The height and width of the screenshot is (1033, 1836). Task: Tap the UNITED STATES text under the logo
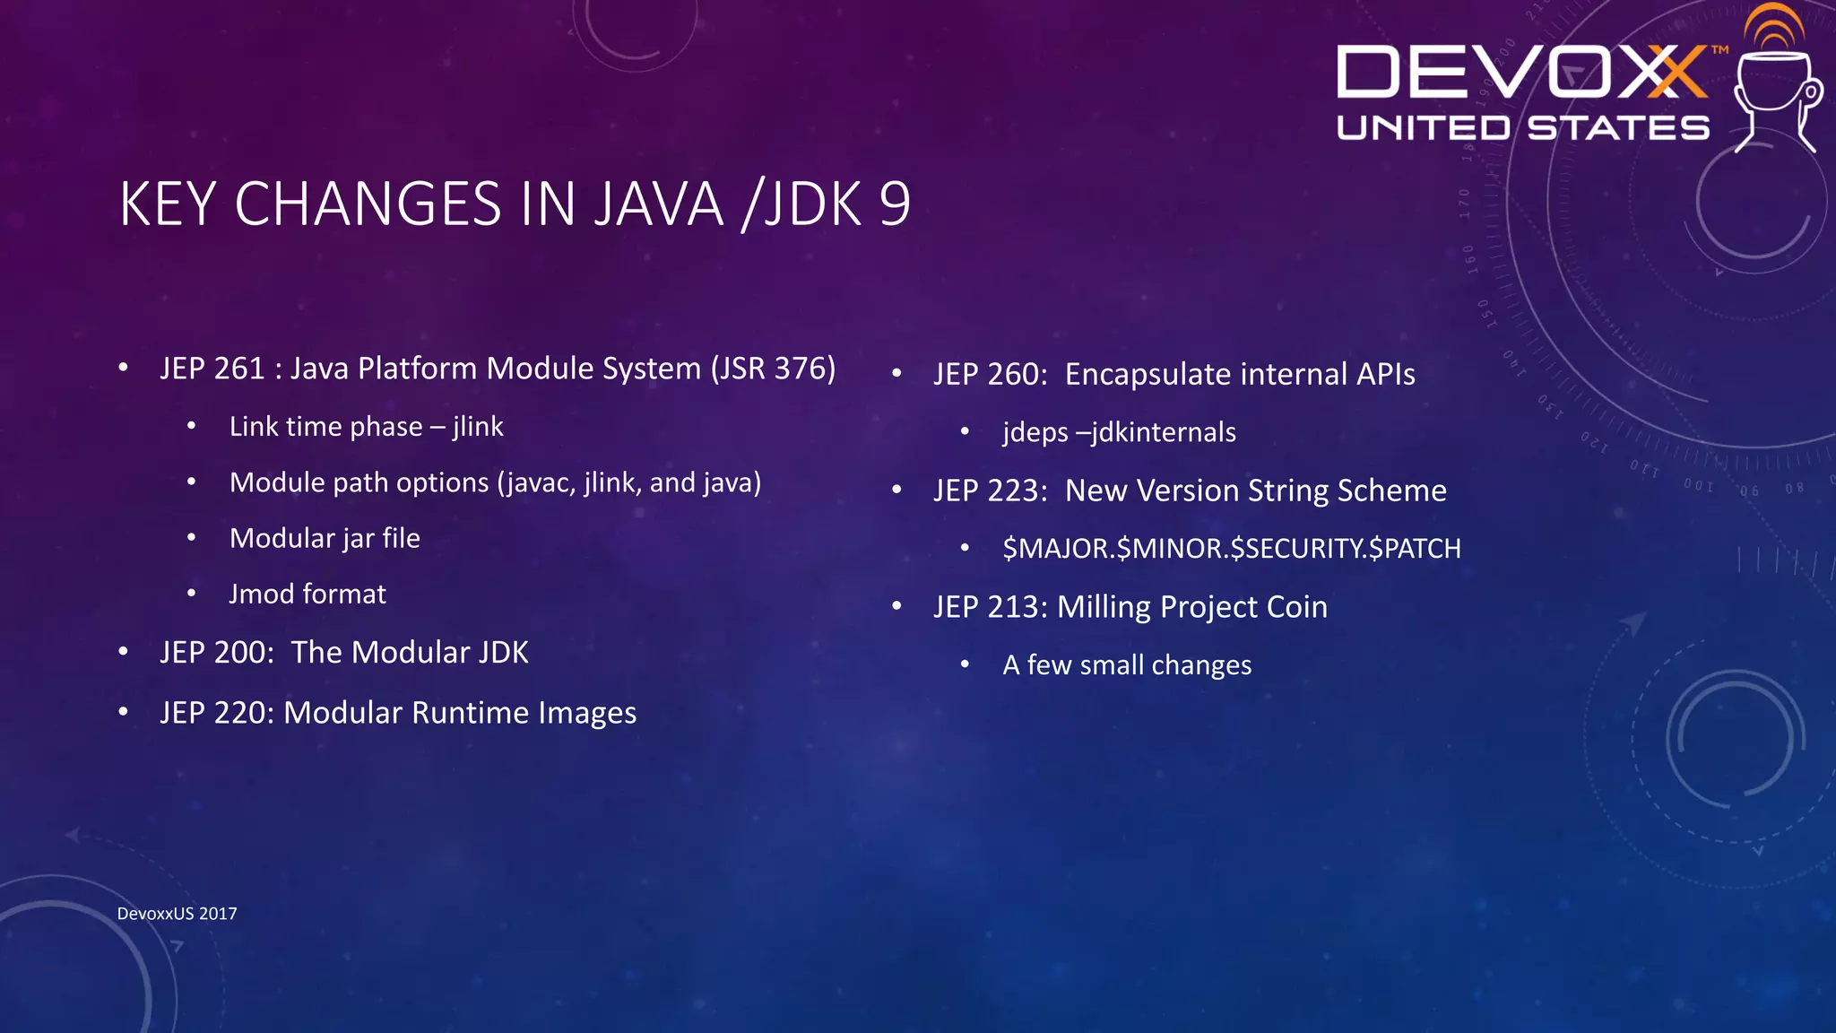[1522, 128]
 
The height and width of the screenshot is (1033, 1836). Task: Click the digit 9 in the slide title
[894, 204]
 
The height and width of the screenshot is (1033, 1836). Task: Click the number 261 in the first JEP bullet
[238, 369]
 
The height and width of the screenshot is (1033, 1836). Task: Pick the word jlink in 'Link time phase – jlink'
[478, 427]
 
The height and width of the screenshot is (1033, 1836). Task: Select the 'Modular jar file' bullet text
[325, 538]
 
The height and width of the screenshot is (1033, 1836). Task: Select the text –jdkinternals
[1156, 432]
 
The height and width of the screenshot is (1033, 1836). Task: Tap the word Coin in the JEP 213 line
[1297, 607]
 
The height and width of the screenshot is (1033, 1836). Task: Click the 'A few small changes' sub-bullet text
[1127, 665]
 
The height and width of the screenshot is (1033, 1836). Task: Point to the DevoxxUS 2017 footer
[178, 914]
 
